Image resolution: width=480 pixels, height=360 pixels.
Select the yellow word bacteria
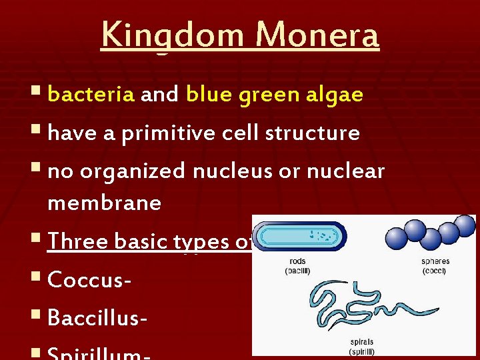pos(91,95)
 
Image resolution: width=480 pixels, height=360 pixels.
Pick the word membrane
pos(105,203)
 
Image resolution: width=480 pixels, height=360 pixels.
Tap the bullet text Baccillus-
pos(98,319)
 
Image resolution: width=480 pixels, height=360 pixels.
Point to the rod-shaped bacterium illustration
pos(302,235)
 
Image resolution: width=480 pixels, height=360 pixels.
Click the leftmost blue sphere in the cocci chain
pos(397,239)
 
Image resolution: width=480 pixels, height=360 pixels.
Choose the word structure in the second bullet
pos(312,133)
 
